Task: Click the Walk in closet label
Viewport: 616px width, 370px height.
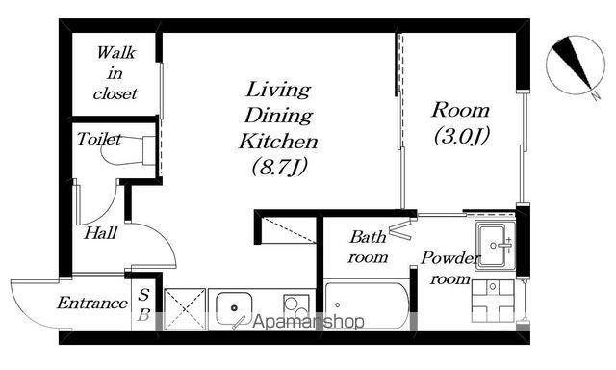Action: [115, 73]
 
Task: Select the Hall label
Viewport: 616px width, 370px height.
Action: [100, 233]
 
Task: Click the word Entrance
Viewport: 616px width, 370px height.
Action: [92, 303]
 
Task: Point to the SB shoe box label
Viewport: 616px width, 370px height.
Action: [143, 304]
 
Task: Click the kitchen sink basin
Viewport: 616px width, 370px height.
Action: [234, 308]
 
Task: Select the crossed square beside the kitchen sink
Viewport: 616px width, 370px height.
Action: [185, 309]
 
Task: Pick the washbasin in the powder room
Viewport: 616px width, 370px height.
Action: [495, 246]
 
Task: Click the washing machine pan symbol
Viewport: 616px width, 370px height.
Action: [493, 301]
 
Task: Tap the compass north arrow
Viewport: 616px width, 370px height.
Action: [572, 64]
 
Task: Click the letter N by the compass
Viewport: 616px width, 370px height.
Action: [596, 95]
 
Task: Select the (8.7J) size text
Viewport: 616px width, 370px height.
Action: [279, 167]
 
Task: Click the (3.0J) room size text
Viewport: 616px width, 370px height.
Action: [462, 136]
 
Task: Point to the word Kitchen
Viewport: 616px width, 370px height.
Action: [278, 141]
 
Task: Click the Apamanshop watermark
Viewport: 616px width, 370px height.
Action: [308, 322]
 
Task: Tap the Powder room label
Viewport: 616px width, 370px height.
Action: [450, 268]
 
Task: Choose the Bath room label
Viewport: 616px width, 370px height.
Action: [368, 247]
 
